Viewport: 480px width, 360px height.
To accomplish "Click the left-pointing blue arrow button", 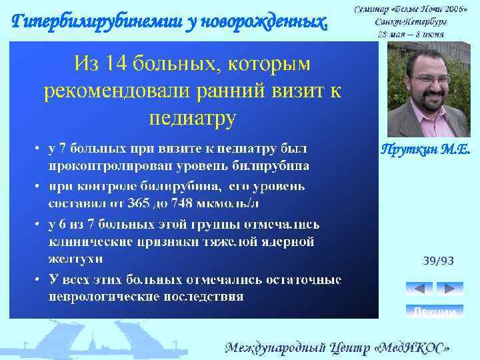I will pos(419,289).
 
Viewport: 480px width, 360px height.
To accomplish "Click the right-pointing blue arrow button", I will pos(449,289).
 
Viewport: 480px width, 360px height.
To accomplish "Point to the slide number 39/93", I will pos(438,261).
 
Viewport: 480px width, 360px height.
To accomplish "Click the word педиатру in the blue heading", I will pos(193,118).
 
